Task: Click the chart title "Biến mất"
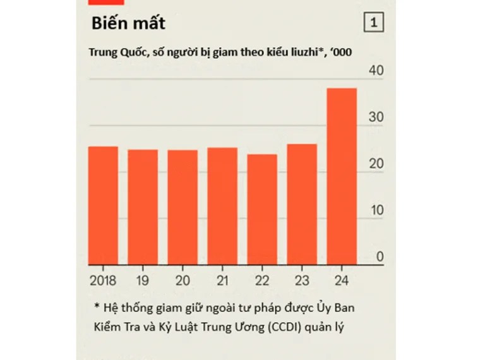click(128, 24)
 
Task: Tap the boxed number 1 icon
click(374, 23)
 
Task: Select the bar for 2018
click(103, 205)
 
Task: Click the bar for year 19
click(143, 207)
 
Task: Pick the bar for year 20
click(183, 207)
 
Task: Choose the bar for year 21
click(222, 206)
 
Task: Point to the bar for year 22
click(262, 209)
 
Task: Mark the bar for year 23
click(302, 204)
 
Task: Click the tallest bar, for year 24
click(342, 176)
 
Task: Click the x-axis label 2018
click(103, 280)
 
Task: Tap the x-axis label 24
click(342, 280)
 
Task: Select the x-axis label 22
click(262, 280)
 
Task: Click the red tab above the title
click(106, 3)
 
